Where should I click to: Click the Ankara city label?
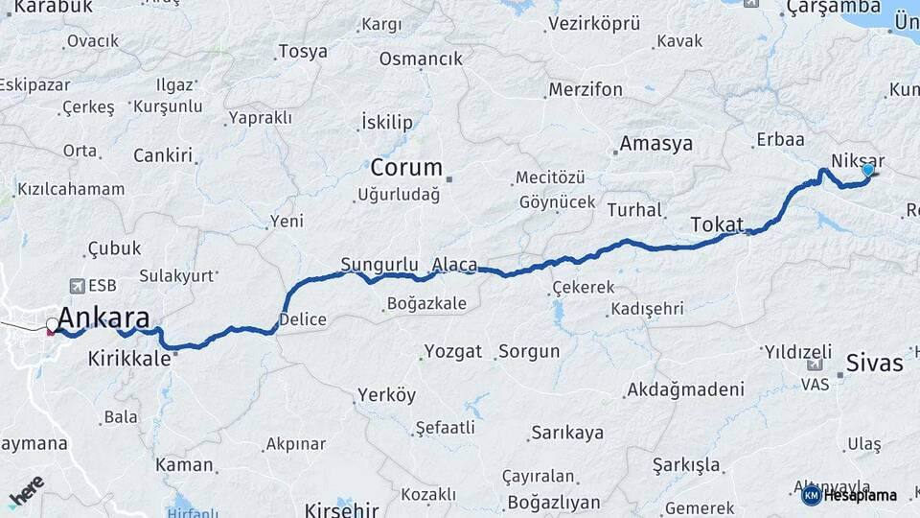pos(103,318)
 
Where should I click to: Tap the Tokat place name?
pos(716,224)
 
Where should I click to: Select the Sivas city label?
pos(874,364)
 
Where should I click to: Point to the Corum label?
pos(406,168)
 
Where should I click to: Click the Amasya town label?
pos(655,144)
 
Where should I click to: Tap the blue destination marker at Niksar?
pos(868,170)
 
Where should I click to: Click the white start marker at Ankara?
pos(53,324)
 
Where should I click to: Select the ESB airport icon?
pos(78,286)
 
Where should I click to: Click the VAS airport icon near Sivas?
pos(815,364)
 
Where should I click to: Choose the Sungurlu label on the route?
pos(379,264)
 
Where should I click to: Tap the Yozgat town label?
pos(452,351)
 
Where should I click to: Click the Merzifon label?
pos(586,89)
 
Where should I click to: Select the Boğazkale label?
pos(426,304)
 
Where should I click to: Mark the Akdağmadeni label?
pos(684,389)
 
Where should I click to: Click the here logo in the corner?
pos(26,490)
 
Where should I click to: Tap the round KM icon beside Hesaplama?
pos(811,495)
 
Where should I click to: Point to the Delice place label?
pos(303,319)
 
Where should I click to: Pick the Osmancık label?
pos(421,59)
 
